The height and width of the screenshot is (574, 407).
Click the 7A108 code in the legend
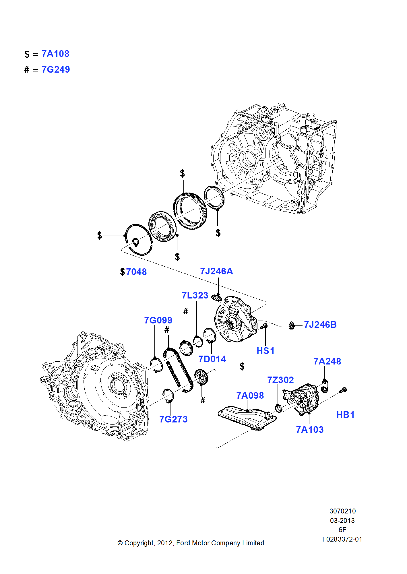55,54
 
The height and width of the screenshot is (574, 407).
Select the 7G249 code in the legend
56,69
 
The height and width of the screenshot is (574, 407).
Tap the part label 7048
136,272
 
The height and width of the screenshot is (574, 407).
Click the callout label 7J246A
216,271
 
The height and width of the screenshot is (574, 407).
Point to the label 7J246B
320,325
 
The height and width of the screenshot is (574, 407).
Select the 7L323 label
195,295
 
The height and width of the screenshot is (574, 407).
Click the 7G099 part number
158,320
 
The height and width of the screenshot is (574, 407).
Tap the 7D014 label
212,359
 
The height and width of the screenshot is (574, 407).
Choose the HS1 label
265,350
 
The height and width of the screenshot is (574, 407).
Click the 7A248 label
327,361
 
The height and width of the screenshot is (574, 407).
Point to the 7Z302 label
280,380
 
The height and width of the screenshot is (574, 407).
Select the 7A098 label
250,395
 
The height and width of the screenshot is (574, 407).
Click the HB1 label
346,414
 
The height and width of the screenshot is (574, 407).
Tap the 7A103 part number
310,429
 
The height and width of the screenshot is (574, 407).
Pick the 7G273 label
173,419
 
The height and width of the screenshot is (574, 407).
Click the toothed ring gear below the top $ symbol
190,211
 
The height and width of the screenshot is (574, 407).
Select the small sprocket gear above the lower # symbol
201,377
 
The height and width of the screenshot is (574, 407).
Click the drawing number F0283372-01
342,539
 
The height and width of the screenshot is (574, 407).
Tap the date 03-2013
342,520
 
